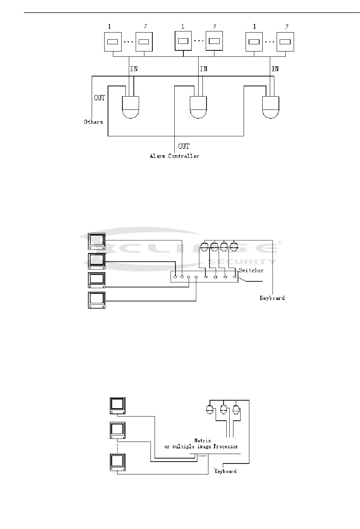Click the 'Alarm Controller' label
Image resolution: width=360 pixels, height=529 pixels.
pos(174,156)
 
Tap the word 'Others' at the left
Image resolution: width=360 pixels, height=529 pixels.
pos(93,122)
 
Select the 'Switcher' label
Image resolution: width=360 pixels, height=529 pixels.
pos(251,270)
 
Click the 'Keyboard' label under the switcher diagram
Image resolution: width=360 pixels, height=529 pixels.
pos(272,298)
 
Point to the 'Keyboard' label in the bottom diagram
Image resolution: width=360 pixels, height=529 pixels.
pos(225,471)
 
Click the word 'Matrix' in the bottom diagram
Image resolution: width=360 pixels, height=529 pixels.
pos(202,440)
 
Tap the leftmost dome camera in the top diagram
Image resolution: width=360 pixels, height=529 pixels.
pos(131,107)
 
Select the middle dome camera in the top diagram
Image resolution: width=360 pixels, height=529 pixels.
pos(198,107)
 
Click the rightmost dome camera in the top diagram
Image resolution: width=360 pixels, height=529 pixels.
pos(271,107)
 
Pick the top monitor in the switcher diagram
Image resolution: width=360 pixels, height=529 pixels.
pos(97,241)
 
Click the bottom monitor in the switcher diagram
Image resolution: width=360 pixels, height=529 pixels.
pos(97,300)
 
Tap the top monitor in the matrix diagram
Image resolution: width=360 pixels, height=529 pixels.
pos(117,406)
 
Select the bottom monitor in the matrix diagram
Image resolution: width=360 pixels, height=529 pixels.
pos(117,462)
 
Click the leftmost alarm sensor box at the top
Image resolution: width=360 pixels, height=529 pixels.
pos(113,42)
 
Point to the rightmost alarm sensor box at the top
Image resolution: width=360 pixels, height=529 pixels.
pos(285,42)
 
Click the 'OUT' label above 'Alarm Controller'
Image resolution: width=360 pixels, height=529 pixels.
pos(184,147)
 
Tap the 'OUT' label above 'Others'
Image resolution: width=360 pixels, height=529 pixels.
pos(99,98)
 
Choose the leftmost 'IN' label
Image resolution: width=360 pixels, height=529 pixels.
pos(134,69)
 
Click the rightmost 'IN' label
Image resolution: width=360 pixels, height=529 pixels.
pos(275,69)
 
